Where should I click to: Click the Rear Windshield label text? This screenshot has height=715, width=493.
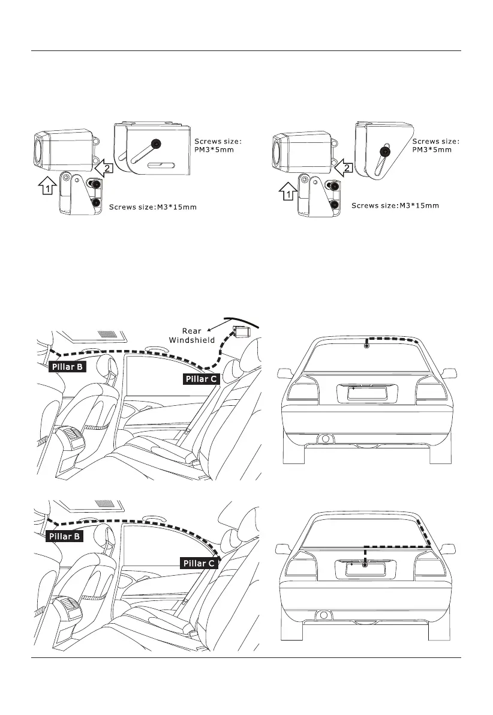191,336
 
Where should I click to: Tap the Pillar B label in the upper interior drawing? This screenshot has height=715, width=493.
67,368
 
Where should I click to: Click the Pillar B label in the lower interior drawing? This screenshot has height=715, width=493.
64,536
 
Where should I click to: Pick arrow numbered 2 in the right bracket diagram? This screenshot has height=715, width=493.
344,169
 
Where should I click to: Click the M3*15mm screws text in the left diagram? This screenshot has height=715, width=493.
153,208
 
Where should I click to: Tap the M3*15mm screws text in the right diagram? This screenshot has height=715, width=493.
395,206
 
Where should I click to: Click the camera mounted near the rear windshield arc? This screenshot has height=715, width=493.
242,331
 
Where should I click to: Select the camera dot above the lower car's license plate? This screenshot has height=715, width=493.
364,565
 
